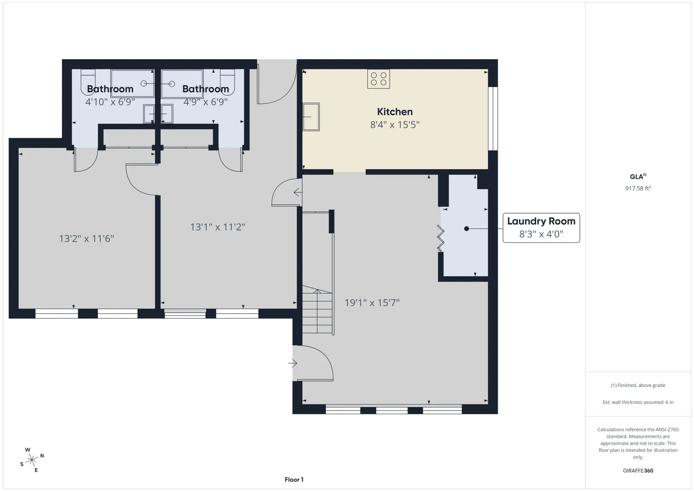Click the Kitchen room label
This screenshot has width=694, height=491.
tap(394, 111)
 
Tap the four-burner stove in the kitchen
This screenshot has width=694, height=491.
tap(378, 79)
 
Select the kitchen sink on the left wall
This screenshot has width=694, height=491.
tap(311, 117)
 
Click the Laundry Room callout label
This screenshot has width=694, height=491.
tap(541, 221)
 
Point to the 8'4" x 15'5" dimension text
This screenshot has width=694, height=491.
tap(394, 125)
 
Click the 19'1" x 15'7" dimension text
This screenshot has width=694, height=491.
tap(372, 302)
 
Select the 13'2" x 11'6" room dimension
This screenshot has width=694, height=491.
tap(86, 238)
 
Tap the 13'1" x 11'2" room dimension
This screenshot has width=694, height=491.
tap(218, 227)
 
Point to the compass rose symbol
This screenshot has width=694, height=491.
tap(32, 460)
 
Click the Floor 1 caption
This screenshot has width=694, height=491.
tap(294, 480)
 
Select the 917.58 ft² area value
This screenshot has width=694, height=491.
tap(638, 188)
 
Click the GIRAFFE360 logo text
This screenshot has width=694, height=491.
tap(638, 471)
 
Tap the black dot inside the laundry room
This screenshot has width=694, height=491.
tap(466, 229)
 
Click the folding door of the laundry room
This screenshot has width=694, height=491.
tap(440, 238)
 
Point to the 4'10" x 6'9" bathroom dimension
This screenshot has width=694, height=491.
tap(110, 102)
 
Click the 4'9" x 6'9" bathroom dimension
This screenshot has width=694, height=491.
tap(205, 102)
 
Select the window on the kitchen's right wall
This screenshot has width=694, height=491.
tap(493, 119)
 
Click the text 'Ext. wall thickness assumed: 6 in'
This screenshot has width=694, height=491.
tap(638, 402)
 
